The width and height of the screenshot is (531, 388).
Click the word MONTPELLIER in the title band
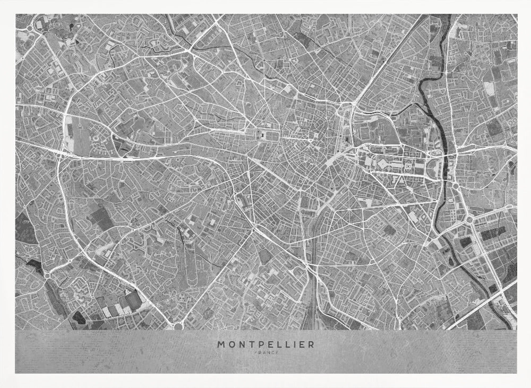pyautogui.click(x=265, y=344)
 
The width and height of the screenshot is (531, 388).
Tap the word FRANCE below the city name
pyautogui.click(x=265, y=352)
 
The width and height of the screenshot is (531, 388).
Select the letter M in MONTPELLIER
pyautogui.click(x=220, y=344)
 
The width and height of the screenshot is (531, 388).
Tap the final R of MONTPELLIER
pyautogui.click(x=311, y=344)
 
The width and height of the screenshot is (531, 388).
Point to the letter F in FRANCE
pyautogui.click(x=256, y=352)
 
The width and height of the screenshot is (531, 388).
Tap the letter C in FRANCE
pyautogui.click(x=271, y=352)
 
